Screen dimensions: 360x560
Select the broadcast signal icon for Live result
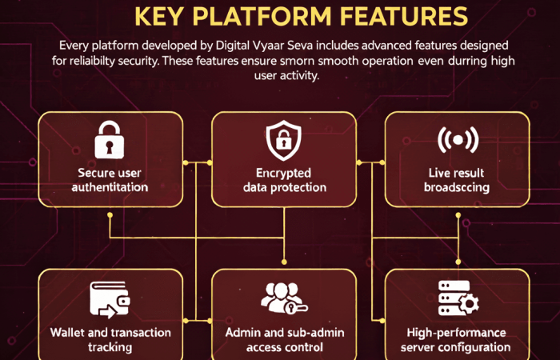click(x=458, y=139)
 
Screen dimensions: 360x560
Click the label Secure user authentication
click(x=112, y=180)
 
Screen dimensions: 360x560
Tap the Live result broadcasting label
click(x=458, y=180)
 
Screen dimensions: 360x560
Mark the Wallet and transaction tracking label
click(x=110, y=340)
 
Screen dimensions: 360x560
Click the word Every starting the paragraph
click(x=76, y=46)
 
